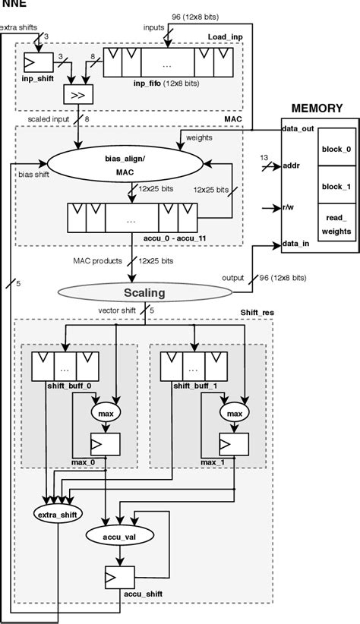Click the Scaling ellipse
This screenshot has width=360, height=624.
point(144,292)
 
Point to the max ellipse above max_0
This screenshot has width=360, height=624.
point(105,413)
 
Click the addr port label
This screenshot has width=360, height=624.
point(292,164)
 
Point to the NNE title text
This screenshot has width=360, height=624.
point(14,5)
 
